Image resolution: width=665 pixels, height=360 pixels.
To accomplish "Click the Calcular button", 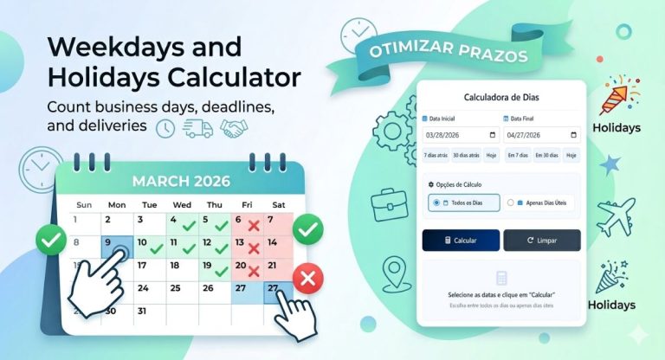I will [x=461, y=241].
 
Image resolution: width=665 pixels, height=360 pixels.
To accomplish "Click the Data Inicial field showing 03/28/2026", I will [x=461, y=135].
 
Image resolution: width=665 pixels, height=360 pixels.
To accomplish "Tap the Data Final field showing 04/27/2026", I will [x=541, y=135].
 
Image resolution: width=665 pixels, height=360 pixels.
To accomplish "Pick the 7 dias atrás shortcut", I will [x=436, y=155].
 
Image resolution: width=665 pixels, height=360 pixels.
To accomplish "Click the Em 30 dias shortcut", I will [x=546, y=155].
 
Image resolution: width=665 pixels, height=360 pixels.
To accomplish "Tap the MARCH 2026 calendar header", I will [x=181, y=181].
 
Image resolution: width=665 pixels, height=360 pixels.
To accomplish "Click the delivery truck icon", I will [x=197, y=128].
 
